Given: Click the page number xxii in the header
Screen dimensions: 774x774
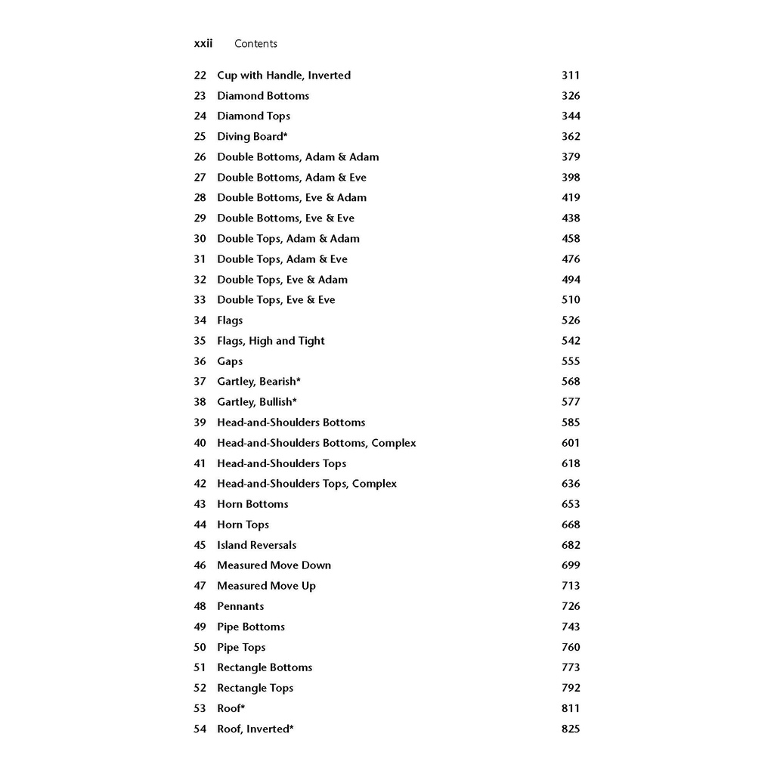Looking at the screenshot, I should [x=203, y=44].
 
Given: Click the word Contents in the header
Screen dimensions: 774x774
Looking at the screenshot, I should [x=255, y=44].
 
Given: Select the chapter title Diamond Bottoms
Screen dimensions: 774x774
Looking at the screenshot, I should [x=263, y=96].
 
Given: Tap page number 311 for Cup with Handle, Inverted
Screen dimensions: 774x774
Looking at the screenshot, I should [x=571, y=76].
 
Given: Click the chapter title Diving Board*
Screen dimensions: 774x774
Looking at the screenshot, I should [x=252, y=137].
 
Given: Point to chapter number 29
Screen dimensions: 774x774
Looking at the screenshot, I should [x=200, y=218].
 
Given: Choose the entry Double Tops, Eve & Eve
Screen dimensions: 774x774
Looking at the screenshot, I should [x=276, y=300].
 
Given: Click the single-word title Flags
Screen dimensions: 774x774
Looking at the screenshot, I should [x=230, y=320].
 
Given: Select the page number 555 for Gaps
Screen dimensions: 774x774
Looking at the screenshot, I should [x=571, y=361].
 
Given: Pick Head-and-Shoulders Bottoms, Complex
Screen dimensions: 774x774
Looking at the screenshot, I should [x=317, y=443].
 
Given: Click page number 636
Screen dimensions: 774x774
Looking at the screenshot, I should [x=571, y=484].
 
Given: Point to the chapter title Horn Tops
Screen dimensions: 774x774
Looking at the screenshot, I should [x=243, y=525].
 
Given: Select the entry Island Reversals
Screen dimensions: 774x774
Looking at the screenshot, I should [x=257, y=545].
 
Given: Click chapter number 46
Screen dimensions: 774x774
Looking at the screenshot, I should [x=200, y=565].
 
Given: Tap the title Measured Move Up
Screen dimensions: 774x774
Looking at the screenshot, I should [x=266, y=586].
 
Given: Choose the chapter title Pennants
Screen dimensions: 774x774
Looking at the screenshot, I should [x=240, y=606].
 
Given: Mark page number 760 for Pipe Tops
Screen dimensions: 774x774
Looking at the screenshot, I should [x=571, y=647].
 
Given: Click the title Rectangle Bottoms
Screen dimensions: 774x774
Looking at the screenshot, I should [x=265, y=667].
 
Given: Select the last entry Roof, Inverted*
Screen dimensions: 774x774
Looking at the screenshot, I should [x=255, y=729].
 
